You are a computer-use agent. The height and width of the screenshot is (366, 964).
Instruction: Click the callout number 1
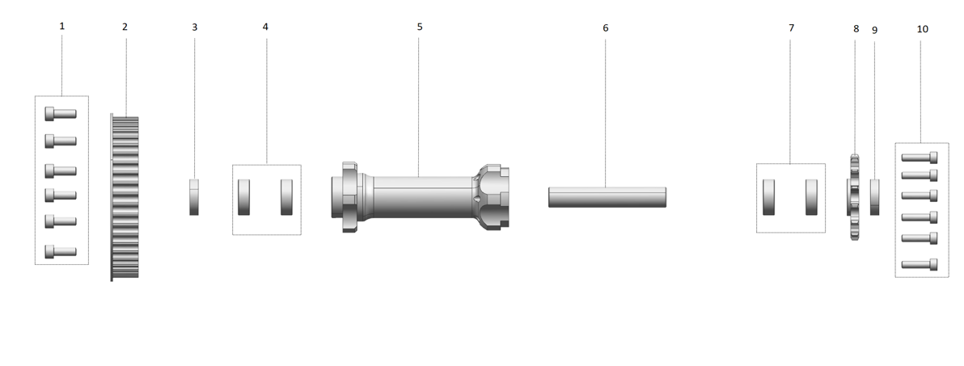[61, 26]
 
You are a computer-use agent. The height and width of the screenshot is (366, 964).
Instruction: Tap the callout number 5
[420, 27]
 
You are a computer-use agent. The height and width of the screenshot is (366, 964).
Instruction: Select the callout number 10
[922, 29]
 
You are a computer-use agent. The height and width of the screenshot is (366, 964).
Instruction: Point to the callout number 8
[856, 29]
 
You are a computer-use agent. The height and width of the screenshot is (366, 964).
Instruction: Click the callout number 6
[606, 28]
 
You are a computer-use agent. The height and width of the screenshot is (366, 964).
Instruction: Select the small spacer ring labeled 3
[194, 197]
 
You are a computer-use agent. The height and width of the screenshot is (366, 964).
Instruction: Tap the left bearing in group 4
[244, 197]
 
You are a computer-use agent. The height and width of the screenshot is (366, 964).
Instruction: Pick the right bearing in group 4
[286, 197]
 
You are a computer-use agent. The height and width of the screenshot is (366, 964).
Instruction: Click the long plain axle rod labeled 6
[607, 197]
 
